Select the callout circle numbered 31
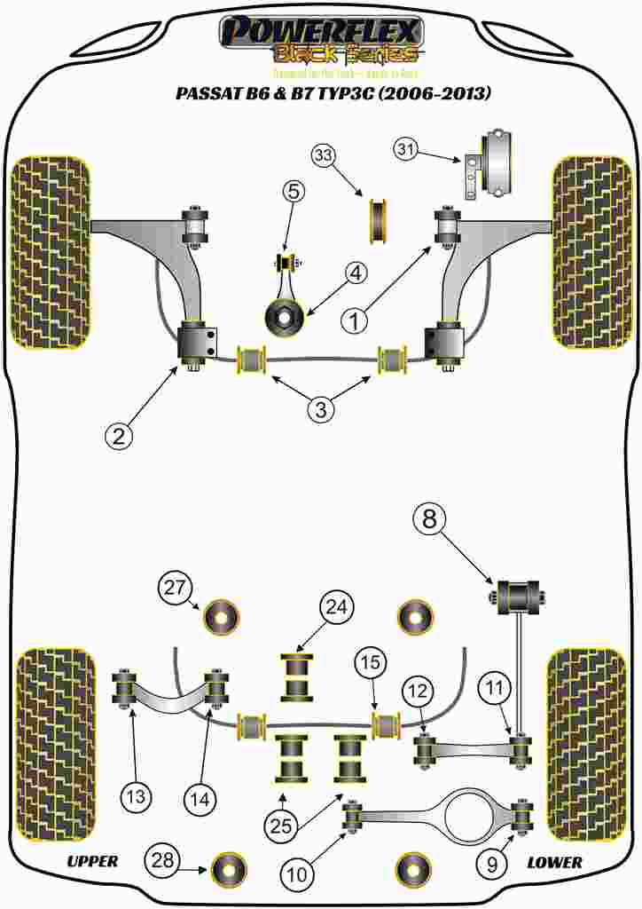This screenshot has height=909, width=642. (406, 150)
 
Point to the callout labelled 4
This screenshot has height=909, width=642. (355, 274)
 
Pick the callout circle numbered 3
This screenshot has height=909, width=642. (321, 410)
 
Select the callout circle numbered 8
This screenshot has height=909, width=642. (429, 519)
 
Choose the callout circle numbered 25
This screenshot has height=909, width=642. (281, 826)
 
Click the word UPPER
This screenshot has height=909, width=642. (92, 861)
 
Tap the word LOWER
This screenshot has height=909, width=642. (554, 861)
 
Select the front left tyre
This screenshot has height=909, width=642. (51, 253)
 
